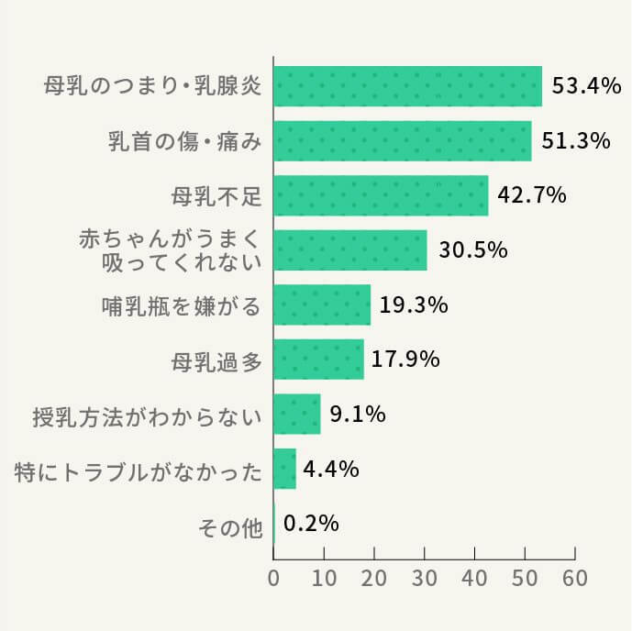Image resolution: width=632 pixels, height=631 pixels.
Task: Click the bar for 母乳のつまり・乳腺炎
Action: pos(408,87)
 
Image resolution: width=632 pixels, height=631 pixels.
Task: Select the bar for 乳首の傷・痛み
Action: pos(403,141)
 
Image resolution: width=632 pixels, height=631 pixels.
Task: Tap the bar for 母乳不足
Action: pos(381,195)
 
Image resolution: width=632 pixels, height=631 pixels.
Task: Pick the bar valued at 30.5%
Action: pos(350,249)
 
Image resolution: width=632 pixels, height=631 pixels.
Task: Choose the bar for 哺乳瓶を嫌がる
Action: pos(322,304)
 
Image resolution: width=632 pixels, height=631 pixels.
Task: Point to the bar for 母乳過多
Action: pos(318,360)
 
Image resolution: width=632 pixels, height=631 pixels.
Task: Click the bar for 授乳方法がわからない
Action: pos(297,414)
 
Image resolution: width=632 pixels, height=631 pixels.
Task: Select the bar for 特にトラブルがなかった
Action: pos(285,469)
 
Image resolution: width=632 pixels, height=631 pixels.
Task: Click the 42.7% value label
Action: pos(532,195)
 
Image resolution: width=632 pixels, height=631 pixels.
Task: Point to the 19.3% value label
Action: pos(413,304)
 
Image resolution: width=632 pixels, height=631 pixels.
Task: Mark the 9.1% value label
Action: pos(357,414)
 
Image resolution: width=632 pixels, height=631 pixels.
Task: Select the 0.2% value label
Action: pos(312,524)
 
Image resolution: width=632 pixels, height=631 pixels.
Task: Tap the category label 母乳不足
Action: pos(216,196)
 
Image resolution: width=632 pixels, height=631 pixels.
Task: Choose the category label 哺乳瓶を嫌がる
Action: pos(182,305)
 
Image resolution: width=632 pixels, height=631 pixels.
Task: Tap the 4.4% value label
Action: pos(330,469)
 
